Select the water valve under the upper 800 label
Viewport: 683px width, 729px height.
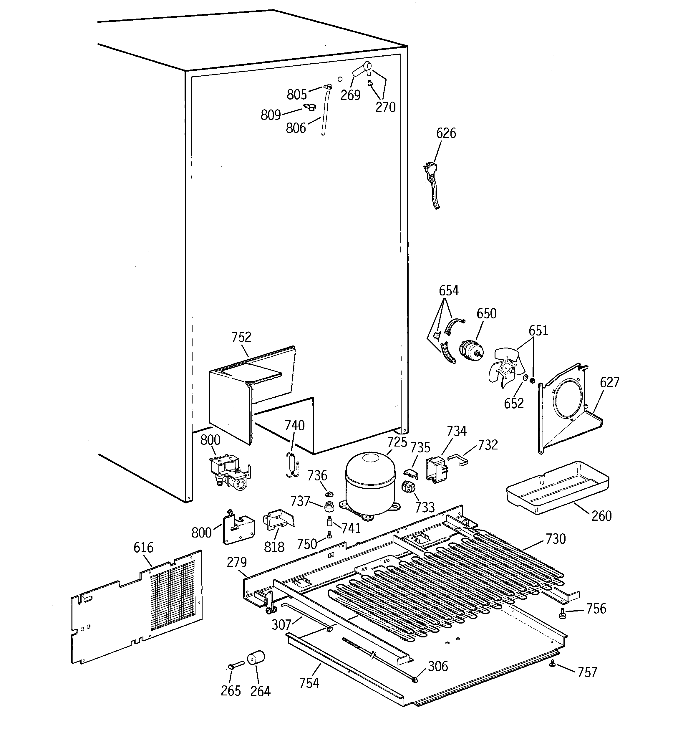coord(228,473)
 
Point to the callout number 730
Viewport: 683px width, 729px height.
coord(556,539)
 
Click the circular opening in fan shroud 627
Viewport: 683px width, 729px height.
coord(568,399)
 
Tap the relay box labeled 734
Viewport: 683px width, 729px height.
coord(436,470)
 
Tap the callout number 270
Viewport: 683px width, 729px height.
coord(385,107)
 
